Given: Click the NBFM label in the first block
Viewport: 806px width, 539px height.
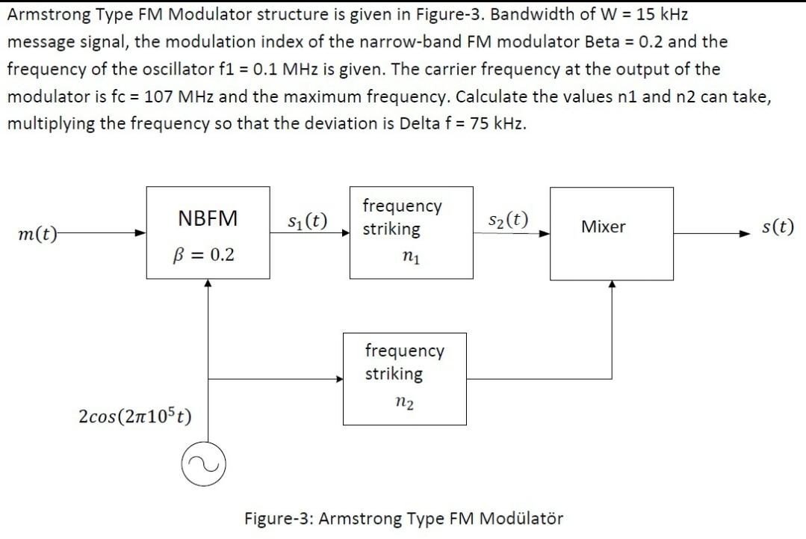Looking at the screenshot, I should pyautogui.click(x=208, y=218).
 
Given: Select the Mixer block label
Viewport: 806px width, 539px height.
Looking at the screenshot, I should pyautogui.click(x=603, y=227).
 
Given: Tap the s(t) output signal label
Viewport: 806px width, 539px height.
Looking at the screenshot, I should pyautogui.click(x=778, y=227).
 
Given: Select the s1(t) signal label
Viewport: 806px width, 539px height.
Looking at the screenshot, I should pyautogui.click(x=307, y=221).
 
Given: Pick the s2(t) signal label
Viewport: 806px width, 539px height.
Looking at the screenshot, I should pyautogui.click(x=508, y=220).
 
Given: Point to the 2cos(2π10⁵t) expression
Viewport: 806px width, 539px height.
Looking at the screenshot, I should pyautogui.click(x=134, y=415).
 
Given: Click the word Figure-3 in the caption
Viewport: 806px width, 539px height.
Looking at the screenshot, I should pyautogui.click(x=278, y=518).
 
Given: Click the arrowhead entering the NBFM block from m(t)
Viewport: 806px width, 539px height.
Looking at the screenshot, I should pyautogui.click(x=140, y=233).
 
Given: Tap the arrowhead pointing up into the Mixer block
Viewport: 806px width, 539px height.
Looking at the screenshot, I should pyautogui.click(x=612, y=284).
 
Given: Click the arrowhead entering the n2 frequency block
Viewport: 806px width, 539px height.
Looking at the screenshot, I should pyautogui.click(x=338, y=379).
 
